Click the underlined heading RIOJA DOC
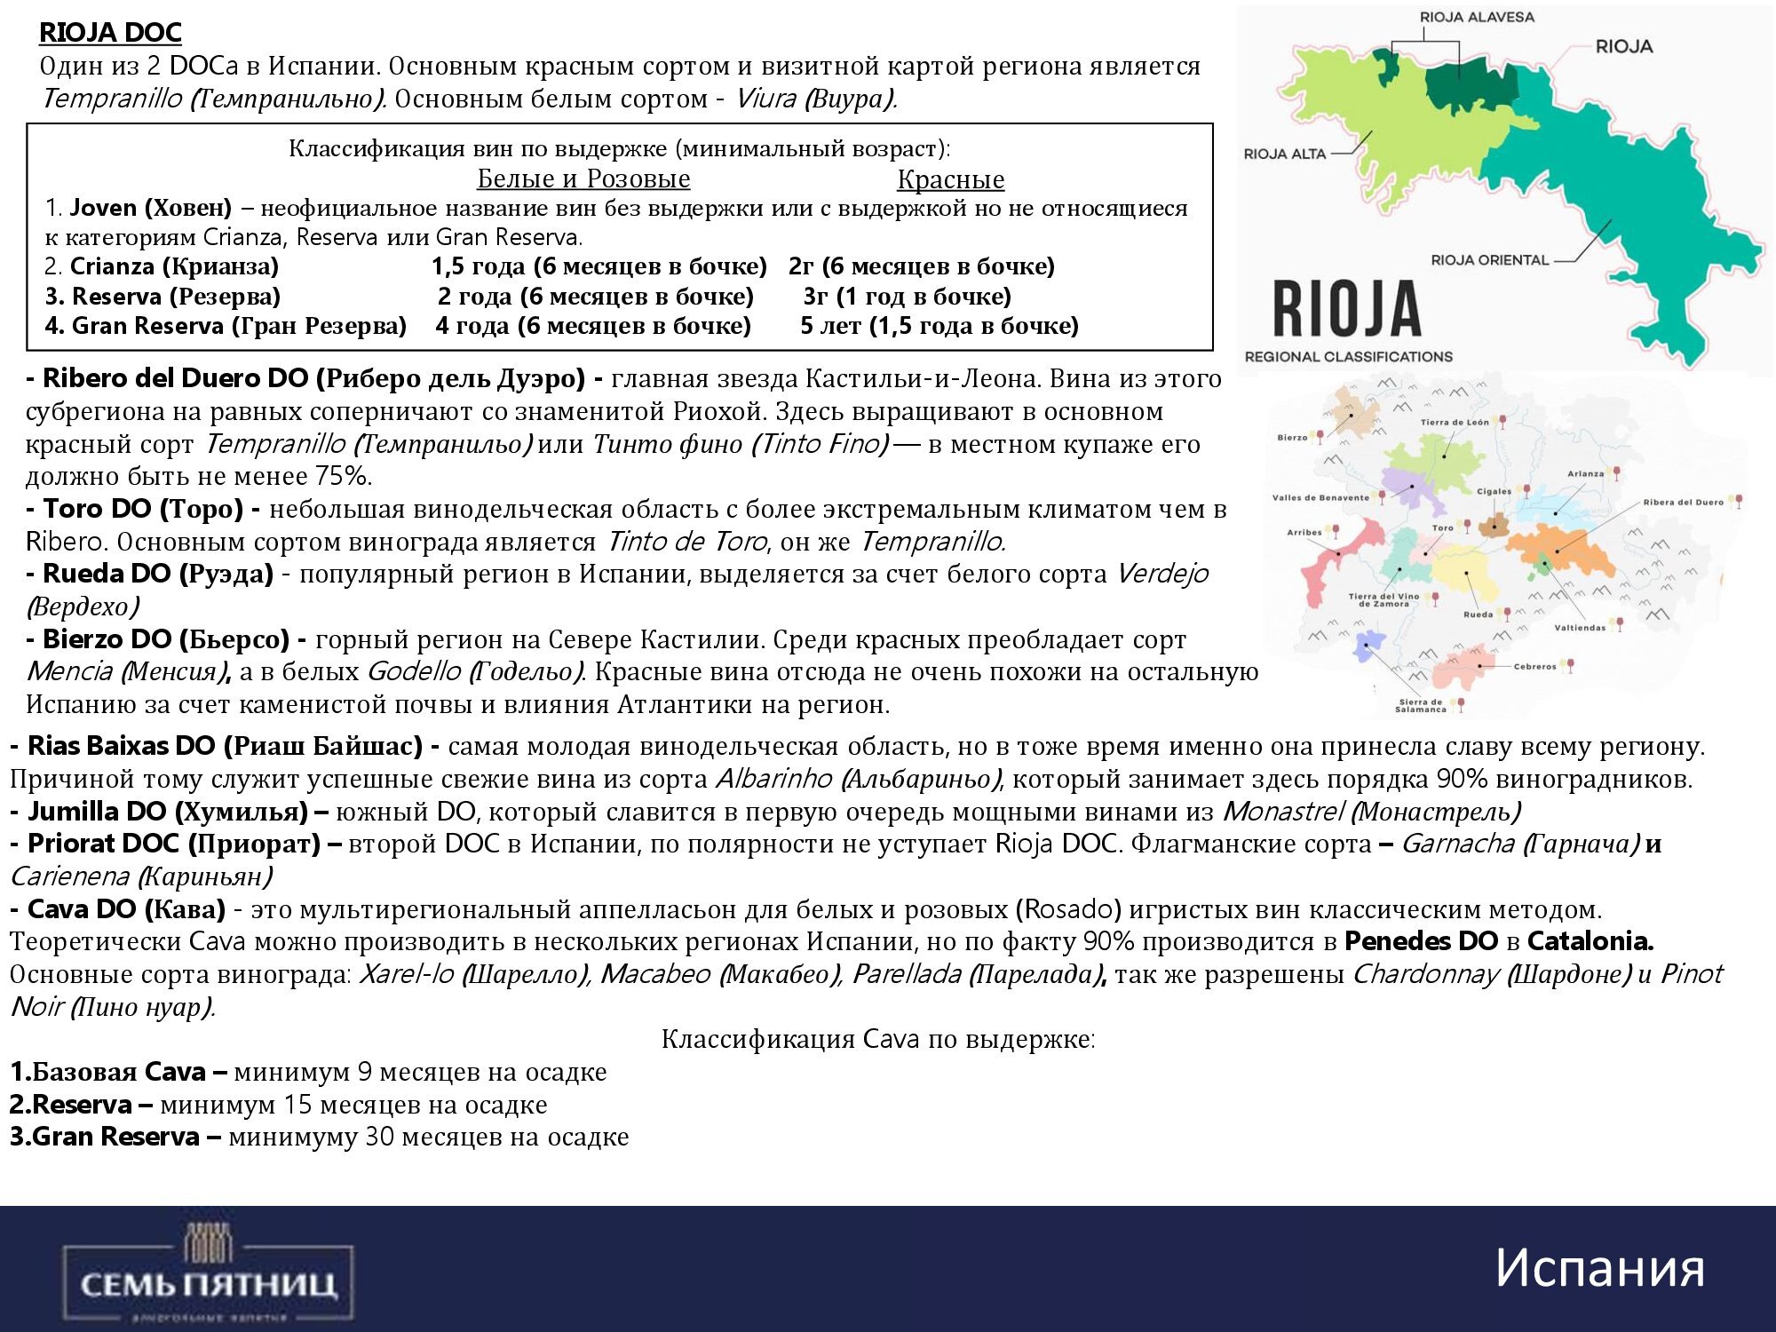click(110, 33)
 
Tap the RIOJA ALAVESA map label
click(1477, 17)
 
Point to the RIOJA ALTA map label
click(1284, 154)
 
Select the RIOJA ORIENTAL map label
click(1489, 260)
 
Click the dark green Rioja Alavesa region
click(1470, 84)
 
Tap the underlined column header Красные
click(950, 179)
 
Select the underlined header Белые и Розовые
click(583, 179)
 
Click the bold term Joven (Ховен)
click(150, 208)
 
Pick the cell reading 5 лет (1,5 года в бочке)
click(939, 326)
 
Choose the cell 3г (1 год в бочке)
click(907, 297)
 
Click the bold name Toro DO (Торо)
click(143, 509)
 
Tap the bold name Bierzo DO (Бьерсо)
click(166, 639)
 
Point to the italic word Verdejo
click(1162, 574)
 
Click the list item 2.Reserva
click(72, 1105)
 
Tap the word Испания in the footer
click(1599, 1267)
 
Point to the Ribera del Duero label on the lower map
click(1682, 503)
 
